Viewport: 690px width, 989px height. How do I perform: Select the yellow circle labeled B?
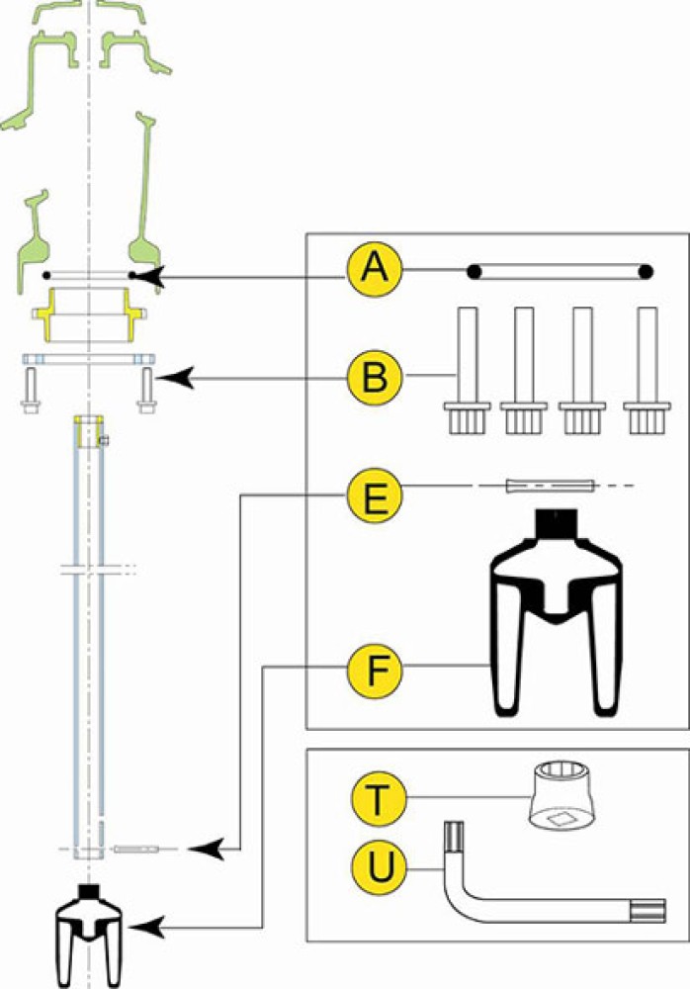pos(373,376)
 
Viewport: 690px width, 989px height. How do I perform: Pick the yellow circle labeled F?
pos(373,672)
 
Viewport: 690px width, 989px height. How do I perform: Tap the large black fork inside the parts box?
pos(556,613)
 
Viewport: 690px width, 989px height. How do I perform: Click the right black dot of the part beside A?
pos(646,271)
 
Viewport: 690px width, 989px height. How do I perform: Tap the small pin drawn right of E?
pos(549,486)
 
